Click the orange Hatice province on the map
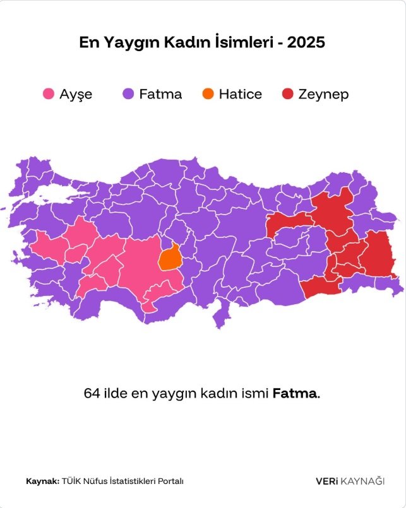[x=169, y=257]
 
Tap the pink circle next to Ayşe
[x=48, y=94]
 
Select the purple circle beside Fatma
[x=128, y=94]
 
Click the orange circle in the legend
[x=208, y=94]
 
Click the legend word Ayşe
[x=76, y=94]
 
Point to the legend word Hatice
[x=241, y=94]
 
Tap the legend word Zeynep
[x=323, y=94]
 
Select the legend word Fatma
[x=160, y=94]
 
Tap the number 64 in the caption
[x=92, y=393]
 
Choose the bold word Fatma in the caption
[x=295, y=393]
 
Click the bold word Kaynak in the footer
[x=42, y=481]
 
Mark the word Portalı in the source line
[x=169, y=481]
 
